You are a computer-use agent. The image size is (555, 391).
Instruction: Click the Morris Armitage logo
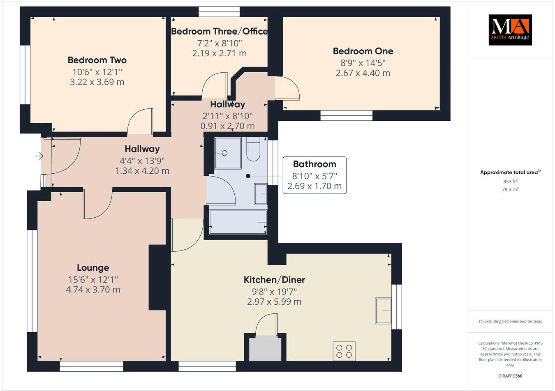tap(510, 30)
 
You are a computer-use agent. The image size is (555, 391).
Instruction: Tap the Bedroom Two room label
tap(97, 60)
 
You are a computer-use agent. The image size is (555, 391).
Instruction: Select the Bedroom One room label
tap(363, 51)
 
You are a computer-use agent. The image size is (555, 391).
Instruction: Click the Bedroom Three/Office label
tap(219, 31)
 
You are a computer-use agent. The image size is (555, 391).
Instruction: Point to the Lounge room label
tap(93, 268)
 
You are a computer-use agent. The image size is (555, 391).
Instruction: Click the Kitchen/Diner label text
tap(274, 280)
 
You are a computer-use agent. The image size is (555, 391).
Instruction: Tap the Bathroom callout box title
tap(314, 164)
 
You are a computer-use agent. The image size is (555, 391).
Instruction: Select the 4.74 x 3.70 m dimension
tap(93, 290)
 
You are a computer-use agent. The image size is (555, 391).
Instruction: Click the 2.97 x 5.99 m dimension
tap(274, 301)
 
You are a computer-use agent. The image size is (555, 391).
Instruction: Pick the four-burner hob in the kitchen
tap(344, 351)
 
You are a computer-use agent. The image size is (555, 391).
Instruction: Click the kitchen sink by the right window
tap(383, 311)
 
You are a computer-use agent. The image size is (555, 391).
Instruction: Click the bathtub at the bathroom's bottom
tap(238, 222)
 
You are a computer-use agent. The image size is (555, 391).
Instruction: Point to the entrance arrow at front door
tap(39, 156)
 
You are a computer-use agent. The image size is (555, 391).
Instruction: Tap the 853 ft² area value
tap(510, 181)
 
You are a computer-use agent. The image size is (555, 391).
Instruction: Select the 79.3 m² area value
tap(510, 189)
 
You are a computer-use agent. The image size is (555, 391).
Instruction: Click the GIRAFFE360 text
tap(510, 376)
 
